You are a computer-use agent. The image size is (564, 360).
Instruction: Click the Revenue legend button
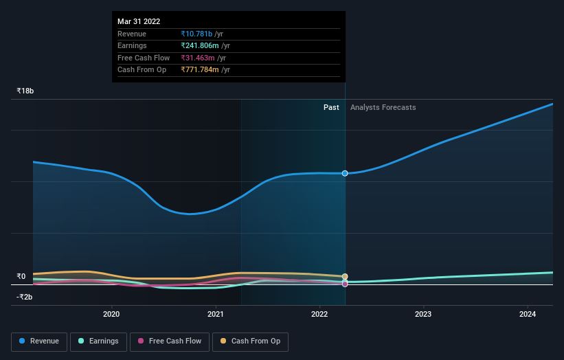tap(40, 341)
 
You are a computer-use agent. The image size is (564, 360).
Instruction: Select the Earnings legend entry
tap(98, 341)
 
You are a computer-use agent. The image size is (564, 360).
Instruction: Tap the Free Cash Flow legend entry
tap(170, 341)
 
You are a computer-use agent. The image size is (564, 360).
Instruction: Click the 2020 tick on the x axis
tap(111, 315)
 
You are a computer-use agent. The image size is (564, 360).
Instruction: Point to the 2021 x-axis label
tap(216, 315)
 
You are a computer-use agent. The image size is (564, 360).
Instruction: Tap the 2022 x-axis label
tap(319, 315)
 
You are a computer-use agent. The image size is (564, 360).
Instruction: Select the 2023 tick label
tap(423, 315)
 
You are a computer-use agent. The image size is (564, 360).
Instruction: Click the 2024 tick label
tap(528, 315)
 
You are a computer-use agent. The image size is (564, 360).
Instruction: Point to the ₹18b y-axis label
tap(25, 91)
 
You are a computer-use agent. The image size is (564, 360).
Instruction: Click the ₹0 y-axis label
tap(21, 277)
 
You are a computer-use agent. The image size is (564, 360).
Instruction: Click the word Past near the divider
tap(331, 107)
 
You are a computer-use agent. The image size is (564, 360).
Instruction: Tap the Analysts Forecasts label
tap(383, 107)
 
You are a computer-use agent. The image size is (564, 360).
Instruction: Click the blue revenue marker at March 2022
tap(345, 173)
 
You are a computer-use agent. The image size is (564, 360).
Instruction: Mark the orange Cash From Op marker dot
tap(345, 277)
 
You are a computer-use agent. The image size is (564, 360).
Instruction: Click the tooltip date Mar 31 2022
tap(139, 21)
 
